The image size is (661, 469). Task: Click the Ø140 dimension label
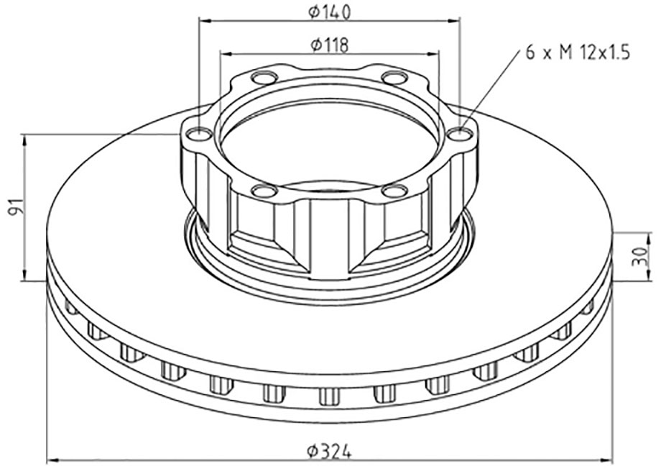[329, 13]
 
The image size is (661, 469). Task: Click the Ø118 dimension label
[329, 45]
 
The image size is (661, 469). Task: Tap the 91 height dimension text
[15, 207]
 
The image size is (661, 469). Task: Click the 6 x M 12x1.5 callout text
[578, 53]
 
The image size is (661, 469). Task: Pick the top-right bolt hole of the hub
[394, 78]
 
